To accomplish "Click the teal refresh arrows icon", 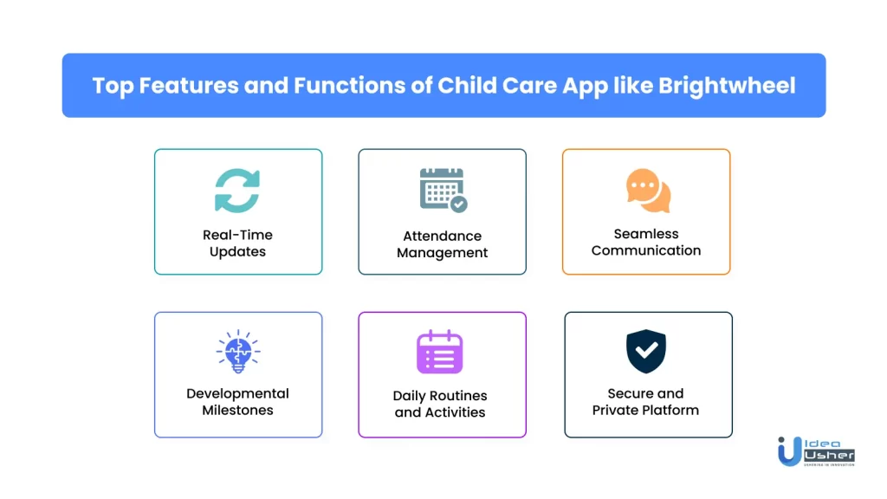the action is click(237, 191).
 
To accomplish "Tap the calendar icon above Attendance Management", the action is click(443, 190).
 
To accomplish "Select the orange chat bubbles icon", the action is click(648, 191).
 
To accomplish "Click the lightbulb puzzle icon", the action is click(238, 352).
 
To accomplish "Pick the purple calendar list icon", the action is click(439, 352).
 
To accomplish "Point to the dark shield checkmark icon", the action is click(646, 352).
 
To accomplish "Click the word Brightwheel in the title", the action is click(727, 86).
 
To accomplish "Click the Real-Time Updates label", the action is click(237, 243).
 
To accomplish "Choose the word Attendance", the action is click(443, 236).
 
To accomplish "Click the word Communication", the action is click(646, 250).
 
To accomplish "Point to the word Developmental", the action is click(237, 394).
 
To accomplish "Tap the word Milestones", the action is click(237, 410).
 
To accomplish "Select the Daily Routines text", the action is click(440, 396).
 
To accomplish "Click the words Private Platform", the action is click(645, 410).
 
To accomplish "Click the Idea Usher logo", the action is click(816, 451).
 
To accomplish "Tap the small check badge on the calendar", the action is click(459, 204).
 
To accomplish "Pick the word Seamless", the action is click(646, 234).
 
